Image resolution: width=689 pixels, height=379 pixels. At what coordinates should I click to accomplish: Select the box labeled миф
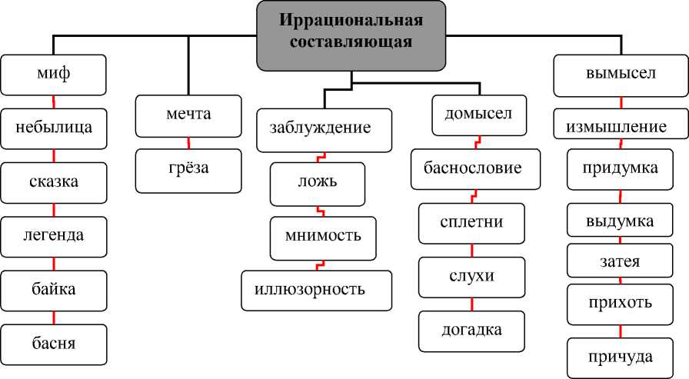pyautogui.click(x=53, y=75)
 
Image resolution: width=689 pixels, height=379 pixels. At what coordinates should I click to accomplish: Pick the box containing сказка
pyautogui.click(x=53, y=183)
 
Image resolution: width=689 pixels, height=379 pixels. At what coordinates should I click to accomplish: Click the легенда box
pyautogui.click(x=53, y=236)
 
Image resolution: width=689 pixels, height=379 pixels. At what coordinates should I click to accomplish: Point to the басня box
pyautogui.click(x=53, y=344)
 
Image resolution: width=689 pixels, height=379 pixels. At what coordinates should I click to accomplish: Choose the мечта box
pyautogui.click(x=188, y=115)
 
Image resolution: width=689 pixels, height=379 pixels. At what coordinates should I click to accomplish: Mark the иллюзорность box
pyautogui.click(x=316, y=290)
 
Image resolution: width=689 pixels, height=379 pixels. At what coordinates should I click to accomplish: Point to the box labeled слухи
pyautogui.click(x=472, y=277)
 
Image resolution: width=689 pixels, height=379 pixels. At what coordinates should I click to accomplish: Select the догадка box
pyautogui.click(x=472, y=331)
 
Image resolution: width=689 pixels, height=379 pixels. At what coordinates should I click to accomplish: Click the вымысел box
pyautogui.click(x=620, y=75)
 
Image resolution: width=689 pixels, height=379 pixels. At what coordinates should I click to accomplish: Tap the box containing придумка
pyautogui.click(x=620, y=169)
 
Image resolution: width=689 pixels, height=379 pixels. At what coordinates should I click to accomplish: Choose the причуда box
pyautogui.click(x=620, y=357)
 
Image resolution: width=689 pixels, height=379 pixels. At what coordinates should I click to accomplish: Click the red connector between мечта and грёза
pyautogui.click(x=188, y=142)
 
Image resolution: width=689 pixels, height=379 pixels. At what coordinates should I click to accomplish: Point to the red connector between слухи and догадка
pyautogui.click(x=472, y=304)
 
